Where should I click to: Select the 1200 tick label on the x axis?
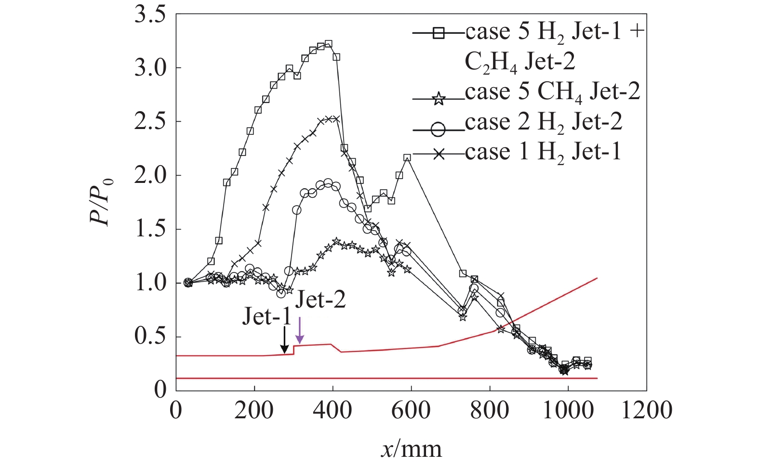pyautogui.click(x=646, y=411)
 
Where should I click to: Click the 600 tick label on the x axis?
pyautogui.click(x=411, y=411)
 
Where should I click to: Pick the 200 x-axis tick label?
pyautogui.click(x=254, y=411)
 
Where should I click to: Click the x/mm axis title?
pyautogui.click(x=411, y=449)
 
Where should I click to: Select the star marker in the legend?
pyautogui.click(x=438, y=100)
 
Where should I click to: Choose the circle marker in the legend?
pyautogui.click(x=438, y=129)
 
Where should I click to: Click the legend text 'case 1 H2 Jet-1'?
pyautogui.click(x=543, y=153)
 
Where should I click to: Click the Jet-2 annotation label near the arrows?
pyautogui.click(x=320, y=300)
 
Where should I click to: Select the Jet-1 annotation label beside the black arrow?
pyautogui.click(x=266, y=316)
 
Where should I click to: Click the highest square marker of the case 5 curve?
pyautogui.click(x=329, y=44)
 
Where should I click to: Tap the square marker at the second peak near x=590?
pyautogui.click(x=407, y=158)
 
